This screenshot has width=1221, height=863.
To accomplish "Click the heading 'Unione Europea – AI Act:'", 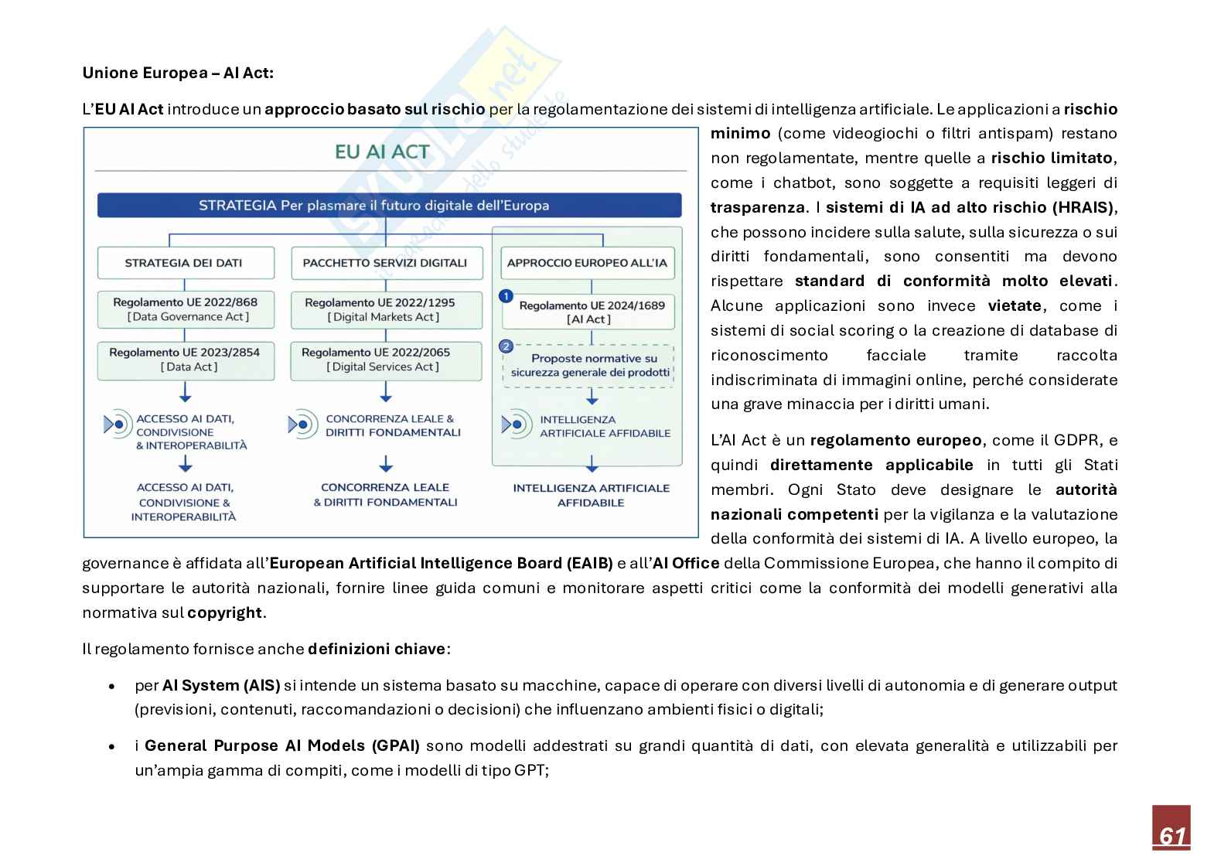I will (x=178, y=73).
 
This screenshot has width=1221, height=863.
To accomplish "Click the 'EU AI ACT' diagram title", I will (x=382, y=152).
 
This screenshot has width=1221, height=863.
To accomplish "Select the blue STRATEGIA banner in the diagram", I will (x=389, y=206).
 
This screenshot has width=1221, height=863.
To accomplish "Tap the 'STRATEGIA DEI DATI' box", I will (x=184, y=263).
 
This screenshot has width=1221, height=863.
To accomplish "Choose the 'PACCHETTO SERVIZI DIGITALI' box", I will (x=385, y=263).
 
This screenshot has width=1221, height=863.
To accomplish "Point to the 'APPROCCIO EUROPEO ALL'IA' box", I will (x=587, y=263).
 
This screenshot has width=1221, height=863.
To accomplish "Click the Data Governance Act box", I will (x=186, y=309).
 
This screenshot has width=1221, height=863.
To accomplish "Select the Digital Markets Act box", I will (x=384, y=309).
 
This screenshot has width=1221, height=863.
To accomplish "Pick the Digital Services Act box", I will (x=384, y=360).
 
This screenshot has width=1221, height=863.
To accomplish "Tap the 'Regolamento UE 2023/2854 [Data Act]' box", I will (x=186, y=360).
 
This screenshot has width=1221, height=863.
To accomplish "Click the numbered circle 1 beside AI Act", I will (x=506, y=296).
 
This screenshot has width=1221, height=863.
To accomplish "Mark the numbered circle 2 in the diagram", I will (x=506, y=346).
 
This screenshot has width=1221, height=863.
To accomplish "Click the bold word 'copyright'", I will (x=225, y=612).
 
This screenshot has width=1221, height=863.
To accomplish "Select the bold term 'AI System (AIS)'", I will (x=221, y=685).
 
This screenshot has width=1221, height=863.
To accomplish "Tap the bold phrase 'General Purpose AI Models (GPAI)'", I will (x=282, y=745).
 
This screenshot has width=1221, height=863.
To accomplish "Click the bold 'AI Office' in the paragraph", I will (x=686, y=563).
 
